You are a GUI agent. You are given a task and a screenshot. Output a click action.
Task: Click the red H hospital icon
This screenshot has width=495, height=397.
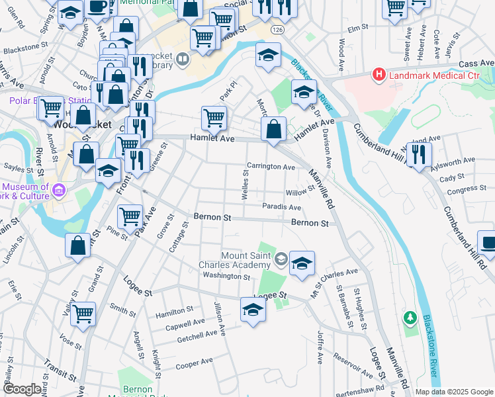(x=379, y=75)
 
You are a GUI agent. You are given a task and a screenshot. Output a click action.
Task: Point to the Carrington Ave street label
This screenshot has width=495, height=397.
(x=270, y=167)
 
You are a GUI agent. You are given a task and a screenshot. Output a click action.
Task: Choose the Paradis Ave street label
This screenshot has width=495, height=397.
(x=281, y=207)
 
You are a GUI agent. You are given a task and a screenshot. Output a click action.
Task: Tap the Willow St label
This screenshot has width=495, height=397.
(x=299, y=192)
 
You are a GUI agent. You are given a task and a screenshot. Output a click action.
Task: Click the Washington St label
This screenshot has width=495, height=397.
(x=226, y=276)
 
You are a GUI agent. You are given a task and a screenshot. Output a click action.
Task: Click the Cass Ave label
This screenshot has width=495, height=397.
(x=476, y=63)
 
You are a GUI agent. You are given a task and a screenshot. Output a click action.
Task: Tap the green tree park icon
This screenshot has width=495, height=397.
(x=411, y=318)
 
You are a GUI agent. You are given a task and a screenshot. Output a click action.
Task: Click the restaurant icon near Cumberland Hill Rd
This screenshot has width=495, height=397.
(x=418, y=154)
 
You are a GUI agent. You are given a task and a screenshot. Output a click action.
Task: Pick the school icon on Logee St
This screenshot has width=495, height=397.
(x=252, y=310)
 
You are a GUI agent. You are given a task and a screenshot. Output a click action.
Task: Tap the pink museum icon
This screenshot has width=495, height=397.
(x=58, y=191)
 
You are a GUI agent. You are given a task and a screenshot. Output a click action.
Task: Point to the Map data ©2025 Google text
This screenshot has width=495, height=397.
(x=453, y=392)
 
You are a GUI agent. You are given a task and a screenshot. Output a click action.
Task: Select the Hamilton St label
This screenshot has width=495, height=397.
(x=173, y=309)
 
